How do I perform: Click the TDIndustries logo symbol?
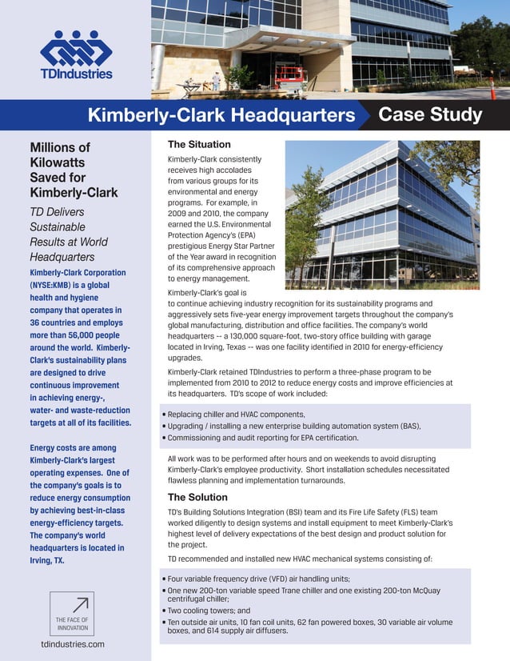click(x=76, y=50)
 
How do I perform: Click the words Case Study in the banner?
click(x=429, y=115)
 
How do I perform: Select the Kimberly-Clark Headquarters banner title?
click(x=221, y=116)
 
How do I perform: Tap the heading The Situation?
click(x=199, y=145)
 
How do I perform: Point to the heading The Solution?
click(x=197, y=497)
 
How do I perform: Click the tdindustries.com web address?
click(x=73, y=643)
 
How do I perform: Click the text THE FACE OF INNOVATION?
click(x=72, y=623)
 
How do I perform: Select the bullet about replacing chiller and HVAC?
click(x=233, y=414)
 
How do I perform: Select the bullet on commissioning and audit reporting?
click(x=263, y=438)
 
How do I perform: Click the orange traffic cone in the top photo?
click(x=492, y=92)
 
